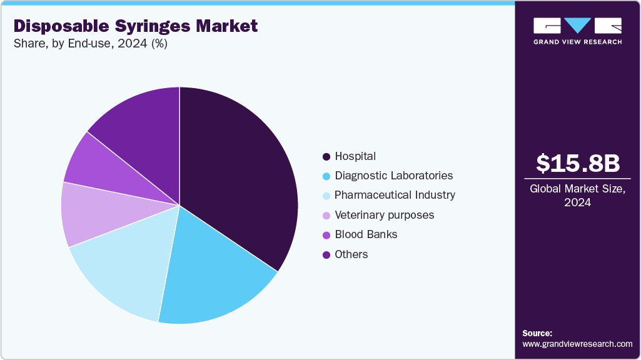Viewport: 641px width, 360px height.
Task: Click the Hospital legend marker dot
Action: click(x=326, y=156)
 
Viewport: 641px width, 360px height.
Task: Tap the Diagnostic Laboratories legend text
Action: click(x=393, y=176)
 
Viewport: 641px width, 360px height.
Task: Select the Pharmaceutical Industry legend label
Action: click(x=395, y=195)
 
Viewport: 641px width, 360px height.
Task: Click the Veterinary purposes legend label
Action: click(x=384, y=215)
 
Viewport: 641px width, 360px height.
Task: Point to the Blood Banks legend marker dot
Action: click(x=326, y=235)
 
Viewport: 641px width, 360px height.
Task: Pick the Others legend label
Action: click(x=351, y=254)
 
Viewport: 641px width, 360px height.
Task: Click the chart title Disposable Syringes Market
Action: click(x=135, y=26)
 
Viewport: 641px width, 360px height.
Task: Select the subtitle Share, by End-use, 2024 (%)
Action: click(x=90, y=44)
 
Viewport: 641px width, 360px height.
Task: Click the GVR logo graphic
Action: click(x=577, y=26)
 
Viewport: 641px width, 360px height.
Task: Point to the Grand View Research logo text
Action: click(x=577, y=42)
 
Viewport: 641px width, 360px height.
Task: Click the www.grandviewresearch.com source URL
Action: click(x=577, y=344)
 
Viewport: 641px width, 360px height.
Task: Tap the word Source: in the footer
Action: click(x=537, y=333)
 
